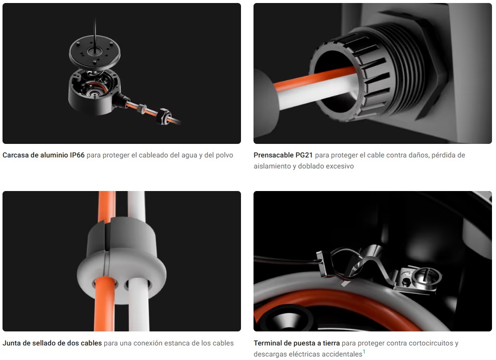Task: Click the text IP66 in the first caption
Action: click(77, 155)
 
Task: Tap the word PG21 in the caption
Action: click(304, 155)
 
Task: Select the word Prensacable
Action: click(274, 155)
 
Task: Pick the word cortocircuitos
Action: click(431, 343)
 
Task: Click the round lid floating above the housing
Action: click(95, 52)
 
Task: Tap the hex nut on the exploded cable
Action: click(164, 116)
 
